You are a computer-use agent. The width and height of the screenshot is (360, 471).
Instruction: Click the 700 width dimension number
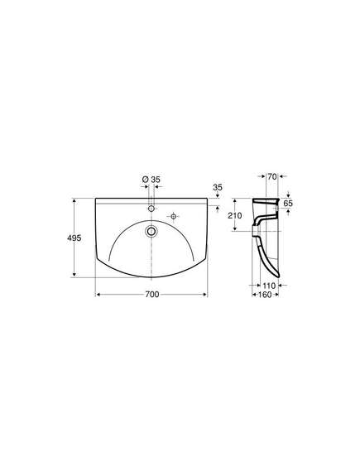tap(152, 295)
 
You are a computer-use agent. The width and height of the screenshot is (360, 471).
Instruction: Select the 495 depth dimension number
tap(74, 238)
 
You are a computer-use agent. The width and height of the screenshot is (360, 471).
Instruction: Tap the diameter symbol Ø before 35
tap(145, 180)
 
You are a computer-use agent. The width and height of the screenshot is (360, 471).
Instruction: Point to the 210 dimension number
tap(234, 215)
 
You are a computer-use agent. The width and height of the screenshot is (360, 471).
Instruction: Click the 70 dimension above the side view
tap(272, 177)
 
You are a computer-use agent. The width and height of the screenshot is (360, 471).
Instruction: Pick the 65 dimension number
tap(288, 204)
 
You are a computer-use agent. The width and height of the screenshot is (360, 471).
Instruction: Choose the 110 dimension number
tap(269, 286)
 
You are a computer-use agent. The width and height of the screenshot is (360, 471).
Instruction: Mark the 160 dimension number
tap(265, 295)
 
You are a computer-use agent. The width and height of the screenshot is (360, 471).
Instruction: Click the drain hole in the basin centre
tap(151, 231)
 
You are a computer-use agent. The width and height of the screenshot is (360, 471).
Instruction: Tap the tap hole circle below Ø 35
tap(151, 208)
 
